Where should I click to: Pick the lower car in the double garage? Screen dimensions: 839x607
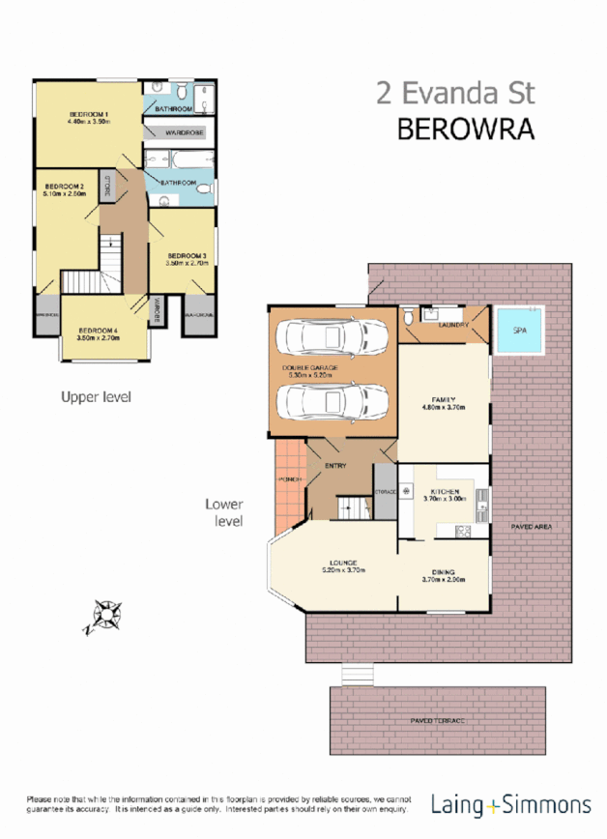(332, 400)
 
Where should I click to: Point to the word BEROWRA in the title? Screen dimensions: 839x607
(466, 130)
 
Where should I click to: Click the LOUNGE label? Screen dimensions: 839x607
(342, 563)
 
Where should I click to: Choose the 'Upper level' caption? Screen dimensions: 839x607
(96, 396)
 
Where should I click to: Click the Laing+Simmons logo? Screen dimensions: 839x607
(510, 804)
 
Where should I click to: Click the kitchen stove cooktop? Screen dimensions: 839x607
(462, 530)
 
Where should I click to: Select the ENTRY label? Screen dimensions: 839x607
(335, 466)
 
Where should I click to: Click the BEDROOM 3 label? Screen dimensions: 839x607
(186, 255)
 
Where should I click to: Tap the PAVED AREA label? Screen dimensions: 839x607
(531, 526)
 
